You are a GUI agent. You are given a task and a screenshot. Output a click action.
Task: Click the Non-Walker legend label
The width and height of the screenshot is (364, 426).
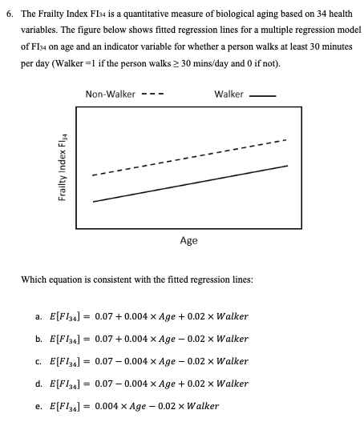[x=110, y=94]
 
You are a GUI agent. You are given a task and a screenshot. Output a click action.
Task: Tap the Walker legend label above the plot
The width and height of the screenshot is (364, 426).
[x=229, y=94]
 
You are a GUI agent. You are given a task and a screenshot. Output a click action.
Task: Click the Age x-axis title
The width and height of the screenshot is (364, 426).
[x=188, y=240]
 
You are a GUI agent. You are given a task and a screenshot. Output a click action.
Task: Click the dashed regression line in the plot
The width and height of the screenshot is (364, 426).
[x=189, y=158]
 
